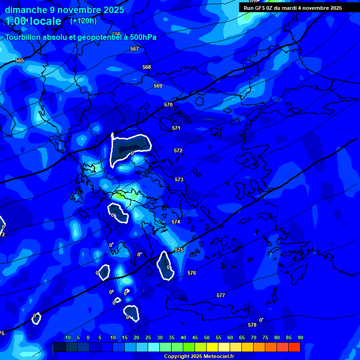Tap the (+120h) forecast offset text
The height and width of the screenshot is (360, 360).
(x=83, y=21)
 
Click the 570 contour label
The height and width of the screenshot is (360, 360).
(x=168, y=105)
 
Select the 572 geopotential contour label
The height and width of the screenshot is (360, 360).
(x=178, y=150)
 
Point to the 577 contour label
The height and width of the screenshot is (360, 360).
(x=221, y=295)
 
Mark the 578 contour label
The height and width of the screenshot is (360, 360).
(x=252, y=325)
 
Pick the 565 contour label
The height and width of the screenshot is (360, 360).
(x=20, y=60)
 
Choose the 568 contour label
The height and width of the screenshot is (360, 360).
(x=147, y=67)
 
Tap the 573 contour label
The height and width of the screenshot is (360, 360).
(x=179, y=180)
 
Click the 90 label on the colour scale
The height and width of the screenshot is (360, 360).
(x=300, y=337)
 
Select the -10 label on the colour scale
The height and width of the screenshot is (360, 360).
(x=67, y=337)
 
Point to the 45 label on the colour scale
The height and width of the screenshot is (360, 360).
(x=195, y=337)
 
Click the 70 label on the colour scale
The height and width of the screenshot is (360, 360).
(x=253, y=337)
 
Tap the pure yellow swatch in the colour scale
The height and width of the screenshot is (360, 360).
(x=212, y=347)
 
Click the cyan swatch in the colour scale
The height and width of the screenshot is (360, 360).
(x=153, y=347)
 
